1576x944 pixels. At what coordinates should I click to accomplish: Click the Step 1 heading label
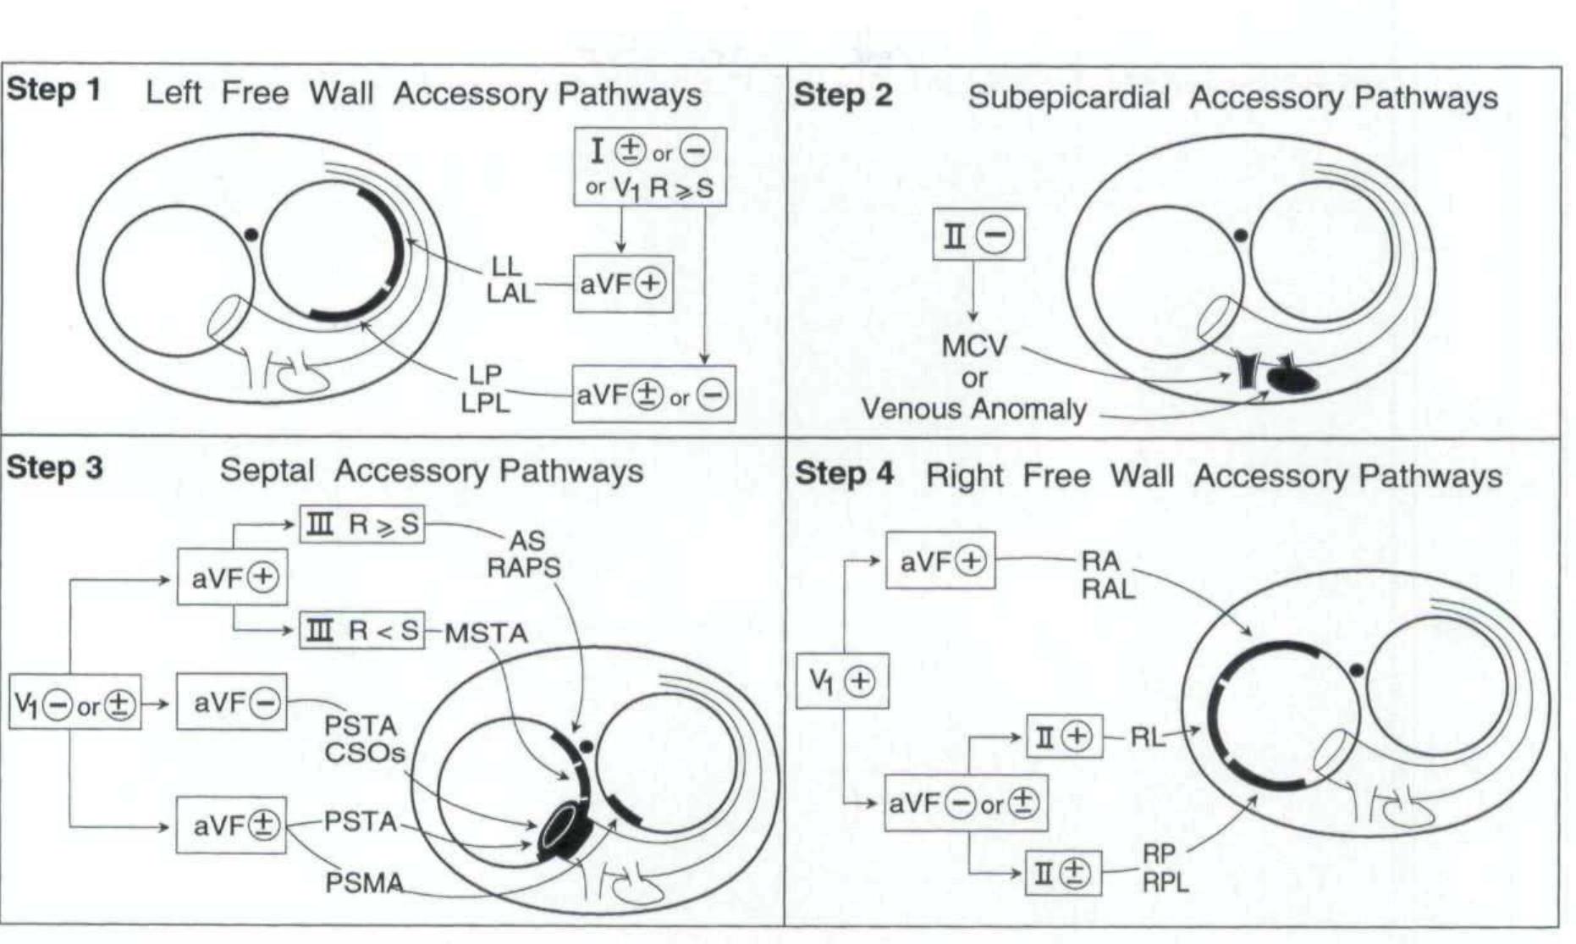tap(53, 90)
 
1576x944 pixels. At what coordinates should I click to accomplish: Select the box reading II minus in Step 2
tap(978, 235)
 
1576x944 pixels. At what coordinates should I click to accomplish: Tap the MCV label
tap(974, 345)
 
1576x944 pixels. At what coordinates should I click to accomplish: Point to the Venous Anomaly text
tap(974, 409)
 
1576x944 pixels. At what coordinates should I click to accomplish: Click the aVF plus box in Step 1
tap(623, 284)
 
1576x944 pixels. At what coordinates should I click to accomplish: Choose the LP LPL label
tap(486, 389)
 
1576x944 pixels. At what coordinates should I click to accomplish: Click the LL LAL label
tap(510, 280)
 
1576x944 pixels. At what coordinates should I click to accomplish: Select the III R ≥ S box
tap(362, 525)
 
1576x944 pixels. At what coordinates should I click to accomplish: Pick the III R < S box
tap(362, 631)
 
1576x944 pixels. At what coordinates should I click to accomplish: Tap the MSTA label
tap(486, 633)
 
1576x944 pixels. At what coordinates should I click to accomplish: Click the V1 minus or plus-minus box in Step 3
tap(75, 703)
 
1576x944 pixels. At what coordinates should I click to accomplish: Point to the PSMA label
tap(364, 883)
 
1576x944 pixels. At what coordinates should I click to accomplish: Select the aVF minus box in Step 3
tap(232, 703)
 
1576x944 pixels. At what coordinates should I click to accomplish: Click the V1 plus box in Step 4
tap(843, 681)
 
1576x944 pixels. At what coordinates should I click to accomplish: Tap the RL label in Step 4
tap(1148, 737)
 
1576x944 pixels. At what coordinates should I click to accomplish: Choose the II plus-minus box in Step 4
tap(1063, 873)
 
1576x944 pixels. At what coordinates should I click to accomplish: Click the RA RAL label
tap(1107, 575)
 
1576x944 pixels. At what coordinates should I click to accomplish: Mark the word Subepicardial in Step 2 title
tap(1069, 97)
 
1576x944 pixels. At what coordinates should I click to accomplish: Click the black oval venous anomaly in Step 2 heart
tap(1292, 381)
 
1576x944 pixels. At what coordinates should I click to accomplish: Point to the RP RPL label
tap(1165, 869)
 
